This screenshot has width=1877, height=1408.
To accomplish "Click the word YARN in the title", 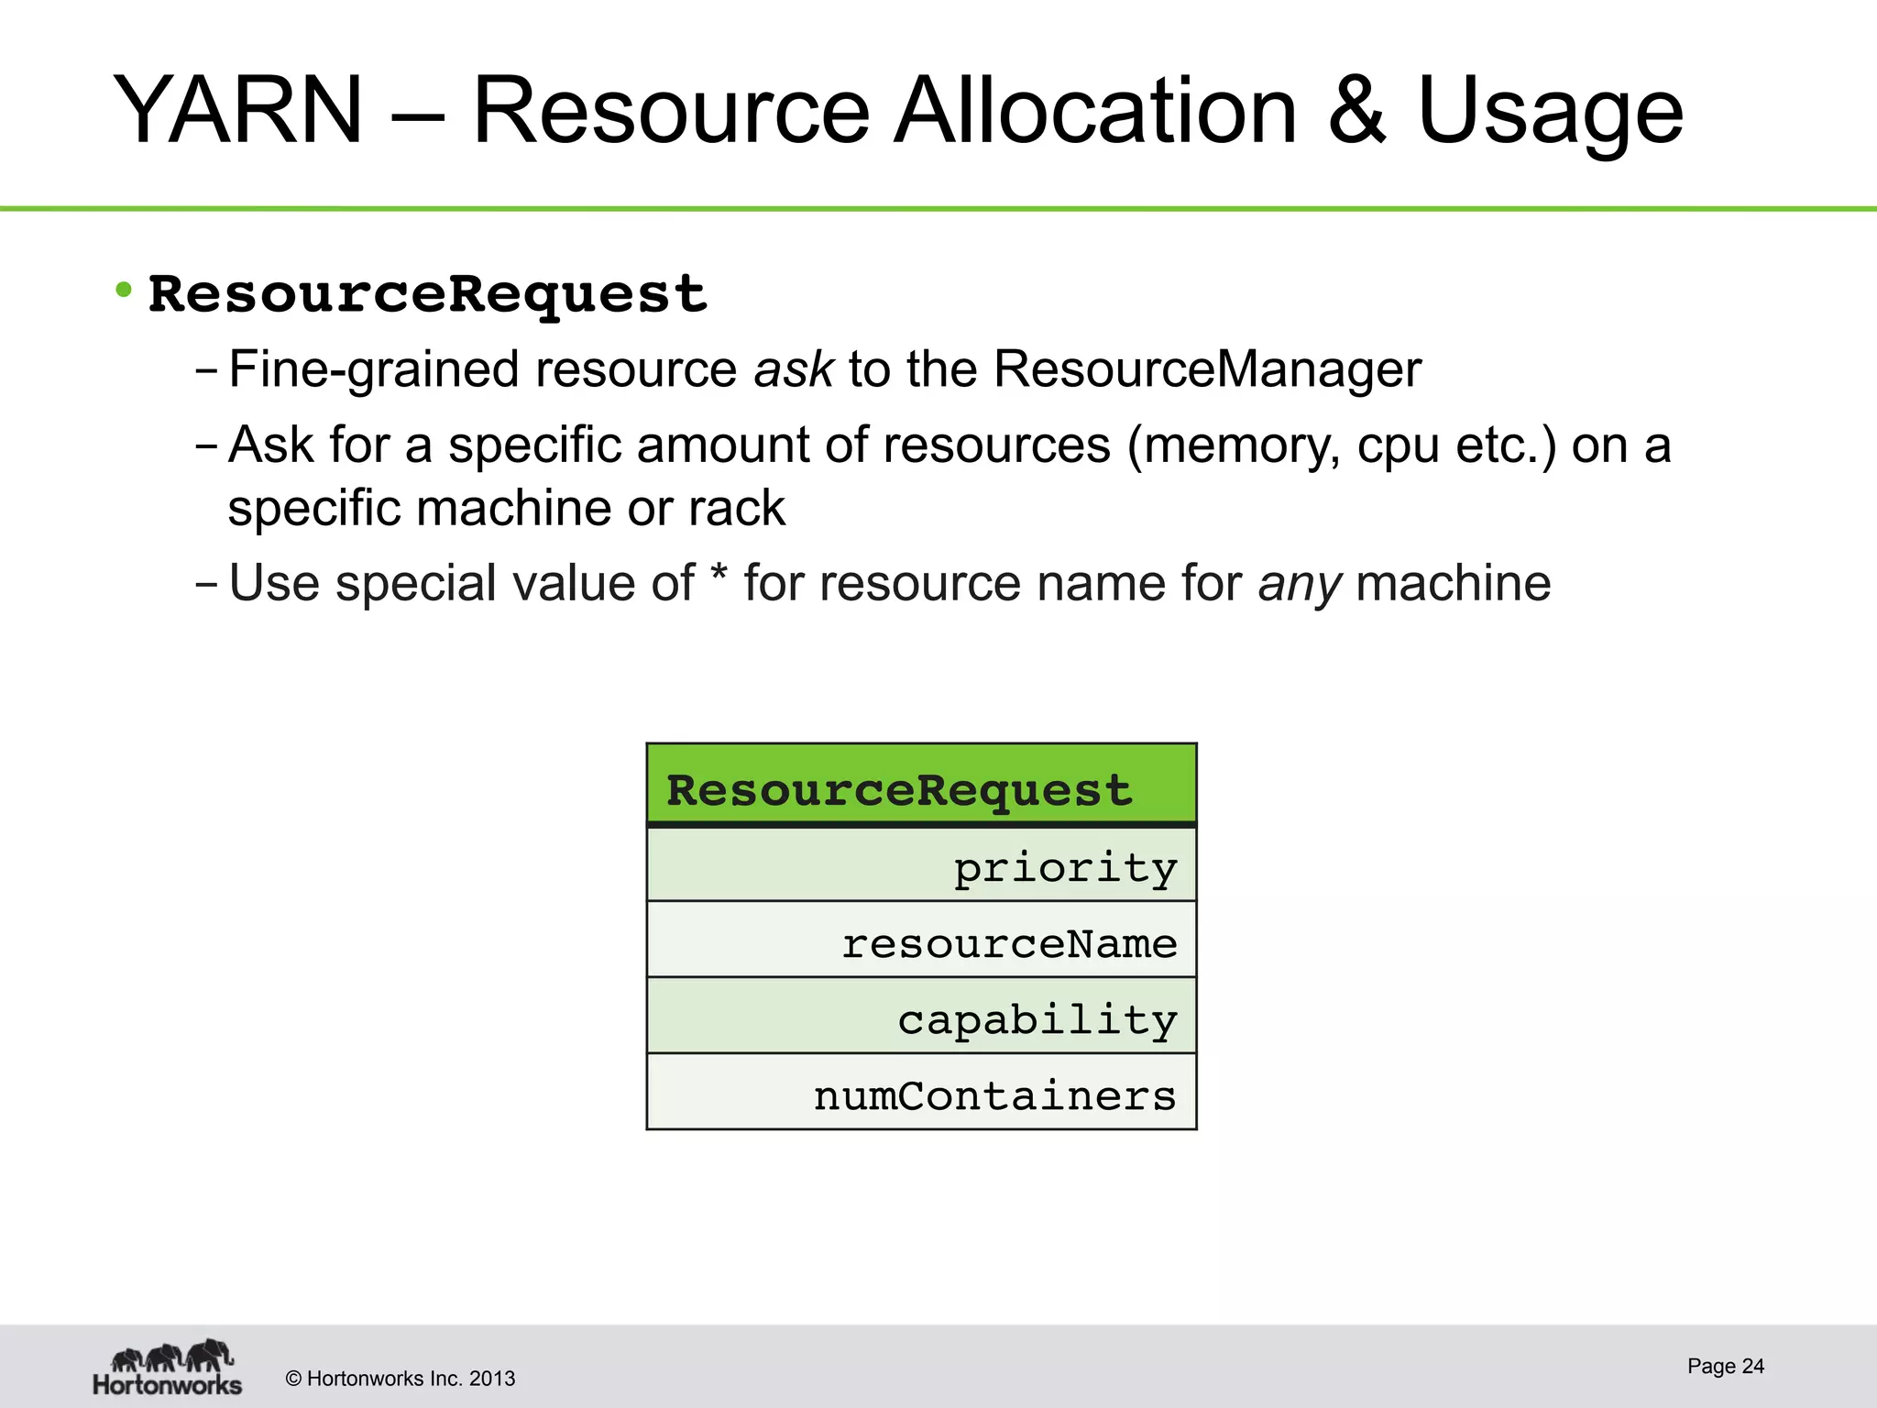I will pyautogui.click(x=238, y=112).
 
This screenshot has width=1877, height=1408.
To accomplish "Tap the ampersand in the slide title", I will pyautogui.click(x=1356, y=112).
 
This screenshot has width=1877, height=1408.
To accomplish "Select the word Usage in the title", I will pyautogui.click(x=1550, y=112).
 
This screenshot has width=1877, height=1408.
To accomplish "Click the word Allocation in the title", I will pyautogui.click(x=1095, y=112).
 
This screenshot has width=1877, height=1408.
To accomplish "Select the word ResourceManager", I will pyautogui.click(x=1207, y=370).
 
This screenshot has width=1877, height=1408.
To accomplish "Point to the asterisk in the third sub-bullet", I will pyautogui.click(x=719, y=579).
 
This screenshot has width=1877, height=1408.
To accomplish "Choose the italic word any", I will pyautogui.click(x=1300, y=585).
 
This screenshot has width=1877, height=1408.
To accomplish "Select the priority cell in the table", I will pyautogui.click(x=921, y=866).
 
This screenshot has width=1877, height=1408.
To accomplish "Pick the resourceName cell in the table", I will pyautogui.click(x=921, y=942).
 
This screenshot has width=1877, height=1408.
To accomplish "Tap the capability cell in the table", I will pyautogui.click(x=921, y=1017).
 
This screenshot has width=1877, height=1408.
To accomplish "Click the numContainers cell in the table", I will pyautogui.click(x=921, y=1094).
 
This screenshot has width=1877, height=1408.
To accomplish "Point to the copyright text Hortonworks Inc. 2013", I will pyautogui.click(x=401, y=1379).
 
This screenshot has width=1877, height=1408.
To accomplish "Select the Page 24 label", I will pyautogui.click(x=1725, y=1366).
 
